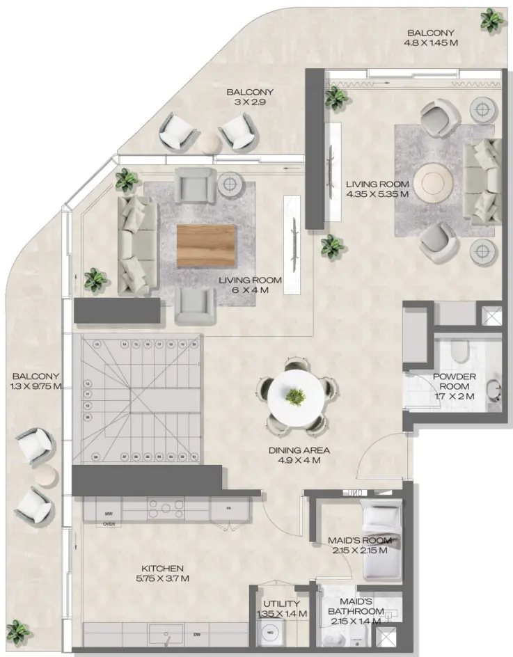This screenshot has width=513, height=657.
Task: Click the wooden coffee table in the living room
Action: coord(204,246)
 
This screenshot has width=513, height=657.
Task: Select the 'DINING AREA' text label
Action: coord(299,450)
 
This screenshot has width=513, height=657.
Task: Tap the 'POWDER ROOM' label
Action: coord(454,381)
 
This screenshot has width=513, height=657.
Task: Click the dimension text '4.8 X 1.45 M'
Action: coord(431,42)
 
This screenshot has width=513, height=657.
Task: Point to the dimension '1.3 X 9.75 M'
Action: coord(35,386)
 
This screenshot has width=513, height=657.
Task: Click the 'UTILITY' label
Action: coord(277,603)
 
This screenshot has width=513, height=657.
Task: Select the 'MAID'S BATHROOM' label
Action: coord(356,605)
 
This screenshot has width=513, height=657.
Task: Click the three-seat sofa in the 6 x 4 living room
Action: coord(136,244)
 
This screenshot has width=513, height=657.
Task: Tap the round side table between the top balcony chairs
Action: coord(208,143)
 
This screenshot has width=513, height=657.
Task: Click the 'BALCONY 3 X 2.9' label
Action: coord(250,97)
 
